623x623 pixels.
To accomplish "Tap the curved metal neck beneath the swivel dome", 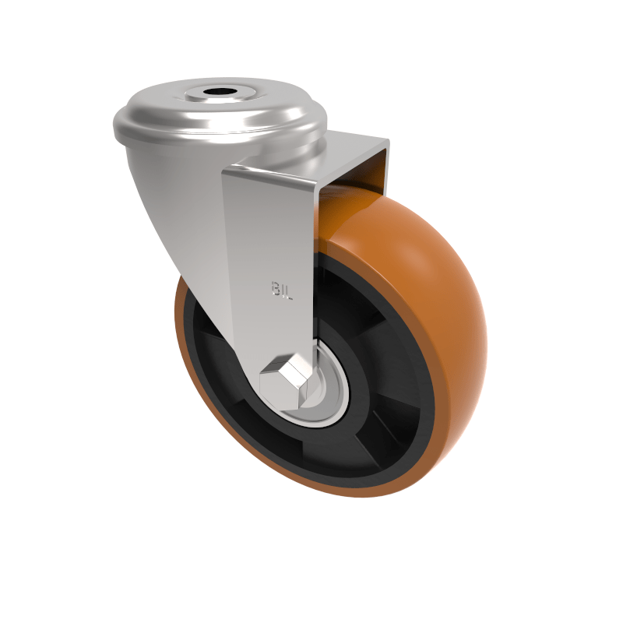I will click(171, 202).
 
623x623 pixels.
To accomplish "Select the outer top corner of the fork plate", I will click(387, 141).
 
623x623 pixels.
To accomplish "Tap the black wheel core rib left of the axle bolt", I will click(226, 389).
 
